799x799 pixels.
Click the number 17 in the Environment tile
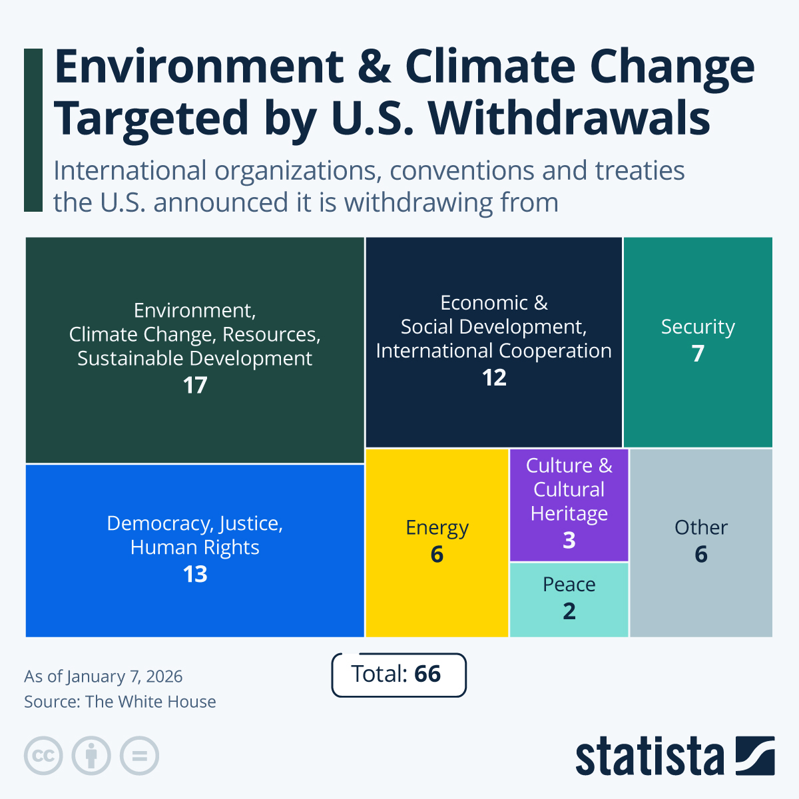[195, 386]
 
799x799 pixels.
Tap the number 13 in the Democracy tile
[195, 575]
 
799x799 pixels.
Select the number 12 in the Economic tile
[494, 378]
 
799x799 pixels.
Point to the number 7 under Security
[698, 354]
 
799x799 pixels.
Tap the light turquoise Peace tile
[569, 599]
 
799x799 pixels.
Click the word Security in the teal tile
[698, 327]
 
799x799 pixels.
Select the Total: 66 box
[398, 674]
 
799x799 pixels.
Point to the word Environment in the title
[199, 67]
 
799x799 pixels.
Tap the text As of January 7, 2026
[103, 676]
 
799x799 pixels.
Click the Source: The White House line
[120, 702]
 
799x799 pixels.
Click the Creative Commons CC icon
[43, 756]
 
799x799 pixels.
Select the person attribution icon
[91, 756]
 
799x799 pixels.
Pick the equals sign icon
[140, 756]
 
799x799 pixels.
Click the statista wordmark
[649, 757]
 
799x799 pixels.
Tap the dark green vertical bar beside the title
[33, 131]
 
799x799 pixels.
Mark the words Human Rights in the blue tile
[195, 547]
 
